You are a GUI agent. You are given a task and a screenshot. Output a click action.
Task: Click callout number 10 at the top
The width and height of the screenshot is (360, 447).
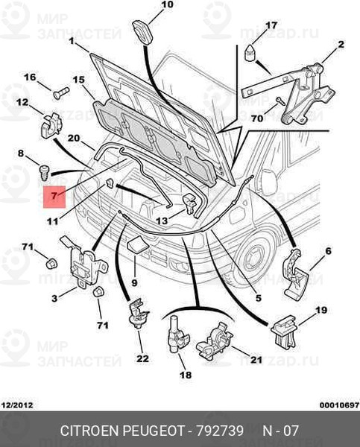pyautogui.click(x=167, y=4)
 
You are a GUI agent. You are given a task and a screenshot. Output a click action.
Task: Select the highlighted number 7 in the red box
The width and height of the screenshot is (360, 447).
pyautogui.click(x=54, y=195)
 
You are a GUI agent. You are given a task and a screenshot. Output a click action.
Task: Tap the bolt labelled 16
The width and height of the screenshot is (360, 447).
pyautogui.click(x=61, y=93)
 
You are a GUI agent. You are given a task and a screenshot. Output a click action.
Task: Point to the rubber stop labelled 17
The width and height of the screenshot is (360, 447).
pyautogui.click(x=250, y=52)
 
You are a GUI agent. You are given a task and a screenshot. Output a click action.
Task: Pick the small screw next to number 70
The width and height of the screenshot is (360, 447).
pyautogui.click(x=280, y=101)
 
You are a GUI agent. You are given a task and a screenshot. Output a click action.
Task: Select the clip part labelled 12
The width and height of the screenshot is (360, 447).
pyautogui.click(x=51, y=126)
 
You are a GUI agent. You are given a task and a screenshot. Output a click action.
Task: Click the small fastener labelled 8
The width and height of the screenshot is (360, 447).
pyautogui.click(x=44, y=172)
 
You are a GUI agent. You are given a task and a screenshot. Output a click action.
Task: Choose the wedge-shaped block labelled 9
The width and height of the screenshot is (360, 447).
pyautogui.click(x=137, y=244)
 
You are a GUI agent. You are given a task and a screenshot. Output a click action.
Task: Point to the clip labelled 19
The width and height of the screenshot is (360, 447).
pyautogui.click(x=284, y=332)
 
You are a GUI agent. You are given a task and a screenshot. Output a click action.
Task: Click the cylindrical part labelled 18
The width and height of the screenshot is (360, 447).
pyautogui.click(x=177, y=335)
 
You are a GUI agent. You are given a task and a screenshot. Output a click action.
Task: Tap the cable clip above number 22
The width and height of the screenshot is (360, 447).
pyautogui.click(x=138, y=313)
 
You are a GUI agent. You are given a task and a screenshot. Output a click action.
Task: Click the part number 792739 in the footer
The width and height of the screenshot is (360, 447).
pyautogui.click(x=220, y=431)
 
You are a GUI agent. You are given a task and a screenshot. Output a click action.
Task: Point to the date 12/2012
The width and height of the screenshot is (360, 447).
pyautogui.click(x=18, y=405)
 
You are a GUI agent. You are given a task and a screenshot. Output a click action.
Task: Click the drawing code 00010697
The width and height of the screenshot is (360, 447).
pyautogui.click(x=339, y=405)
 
